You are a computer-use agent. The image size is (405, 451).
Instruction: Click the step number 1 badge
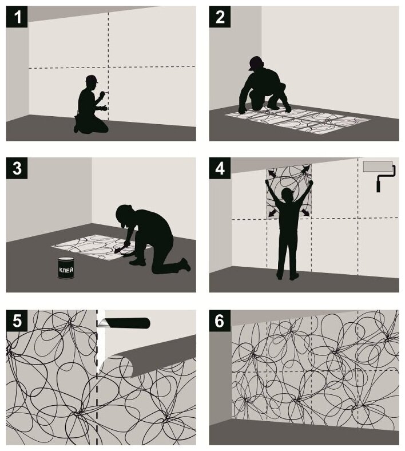(17, 17)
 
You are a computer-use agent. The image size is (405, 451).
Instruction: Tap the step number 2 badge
(220, 17)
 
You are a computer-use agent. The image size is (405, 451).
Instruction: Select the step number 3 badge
(17, 168)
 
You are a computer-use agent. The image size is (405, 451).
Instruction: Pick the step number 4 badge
(220, 168)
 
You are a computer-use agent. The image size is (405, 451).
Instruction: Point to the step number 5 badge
(17, 321)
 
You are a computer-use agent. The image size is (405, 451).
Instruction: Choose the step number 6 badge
(220, 321)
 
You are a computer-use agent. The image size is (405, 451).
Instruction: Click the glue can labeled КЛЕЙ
(66, 268)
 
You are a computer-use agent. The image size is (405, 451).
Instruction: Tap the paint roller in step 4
(379, 176)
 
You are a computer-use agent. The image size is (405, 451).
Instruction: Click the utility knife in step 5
(124, 323)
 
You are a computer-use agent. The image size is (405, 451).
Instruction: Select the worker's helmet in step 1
(92, 78)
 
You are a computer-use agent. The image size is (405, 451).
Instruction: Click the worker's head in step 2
(256, 64)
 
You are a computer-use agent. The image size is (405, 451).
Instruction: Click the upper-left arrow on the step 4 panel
(271, 173)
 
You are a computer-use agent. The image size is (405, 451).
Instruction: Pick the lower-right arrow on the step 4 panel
(306, 212)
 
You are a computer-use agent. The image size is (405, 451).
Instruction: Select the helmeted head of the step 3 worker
(124, 215)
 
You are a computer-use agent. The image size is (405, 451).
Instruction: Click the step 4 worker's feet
(287, 276)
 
